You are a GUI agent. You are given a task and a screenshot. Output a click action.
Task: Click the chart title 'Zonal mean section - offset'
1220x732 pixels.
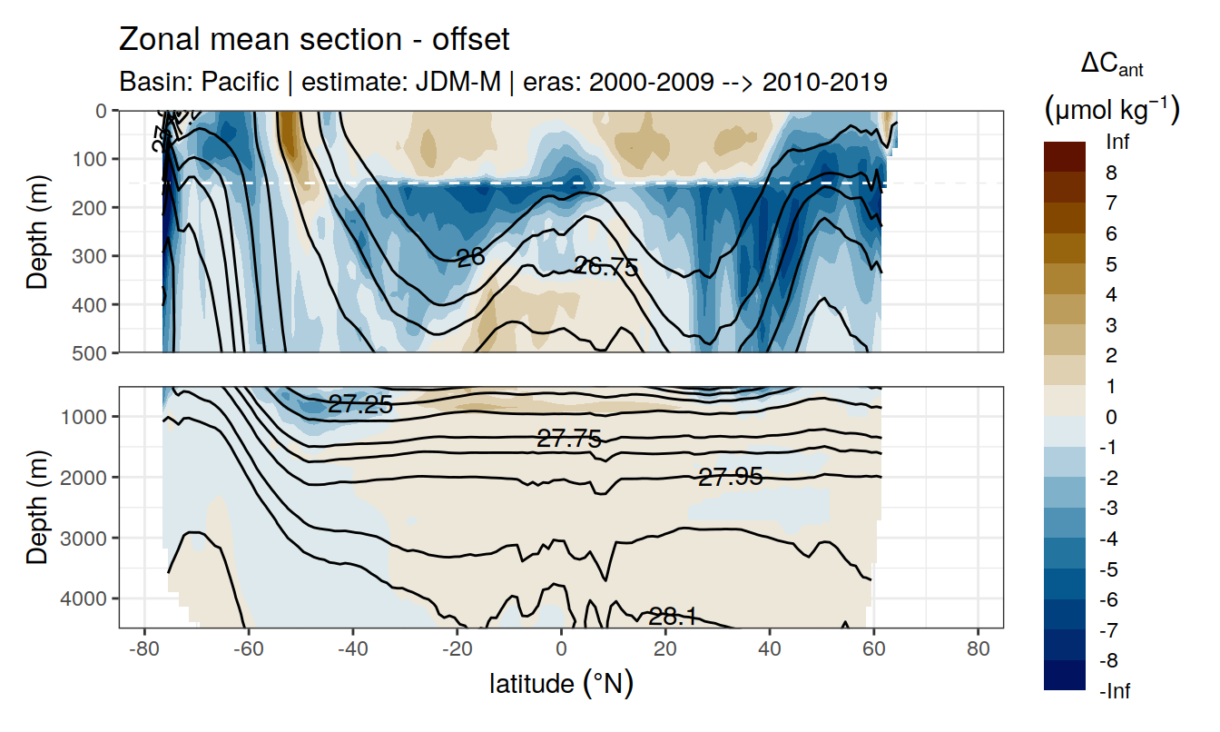[x=314, y=40]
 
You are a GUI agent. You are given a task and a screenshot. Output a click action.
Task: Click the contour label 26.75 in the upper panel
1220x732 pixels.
[x=606, y=267]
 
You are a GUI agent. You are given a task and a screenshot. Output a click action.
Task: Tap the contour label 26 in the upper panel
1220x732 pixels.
[x=470, y=258]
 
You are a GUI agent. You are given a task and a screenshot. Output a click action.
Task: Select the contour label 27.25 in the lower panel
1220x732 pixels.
[x=360, y=406]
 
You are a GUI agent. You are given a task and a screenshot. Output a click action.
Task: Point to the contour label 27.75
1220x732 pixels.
[x=569, y=440]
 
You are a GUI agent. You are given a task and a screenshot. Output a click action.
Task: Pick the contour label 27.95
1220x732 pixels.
[x=730, y=477]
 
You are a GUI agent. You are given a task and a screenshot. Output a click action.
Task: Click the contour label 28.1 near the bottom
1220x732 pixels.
[x=673, y=618]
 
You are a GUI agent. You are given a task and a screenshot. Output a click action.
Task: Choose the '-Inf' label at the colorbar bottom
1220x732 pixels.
[x=1116, y=691]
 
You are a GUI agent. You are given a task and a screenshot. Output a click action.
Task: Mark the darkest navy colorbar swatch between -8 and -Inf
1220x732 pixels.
[x=1065, y=675]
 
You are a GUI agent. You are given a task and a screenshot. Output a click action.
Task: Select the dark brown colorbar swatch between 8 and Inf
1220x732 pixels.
[x=1065, y=157]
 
